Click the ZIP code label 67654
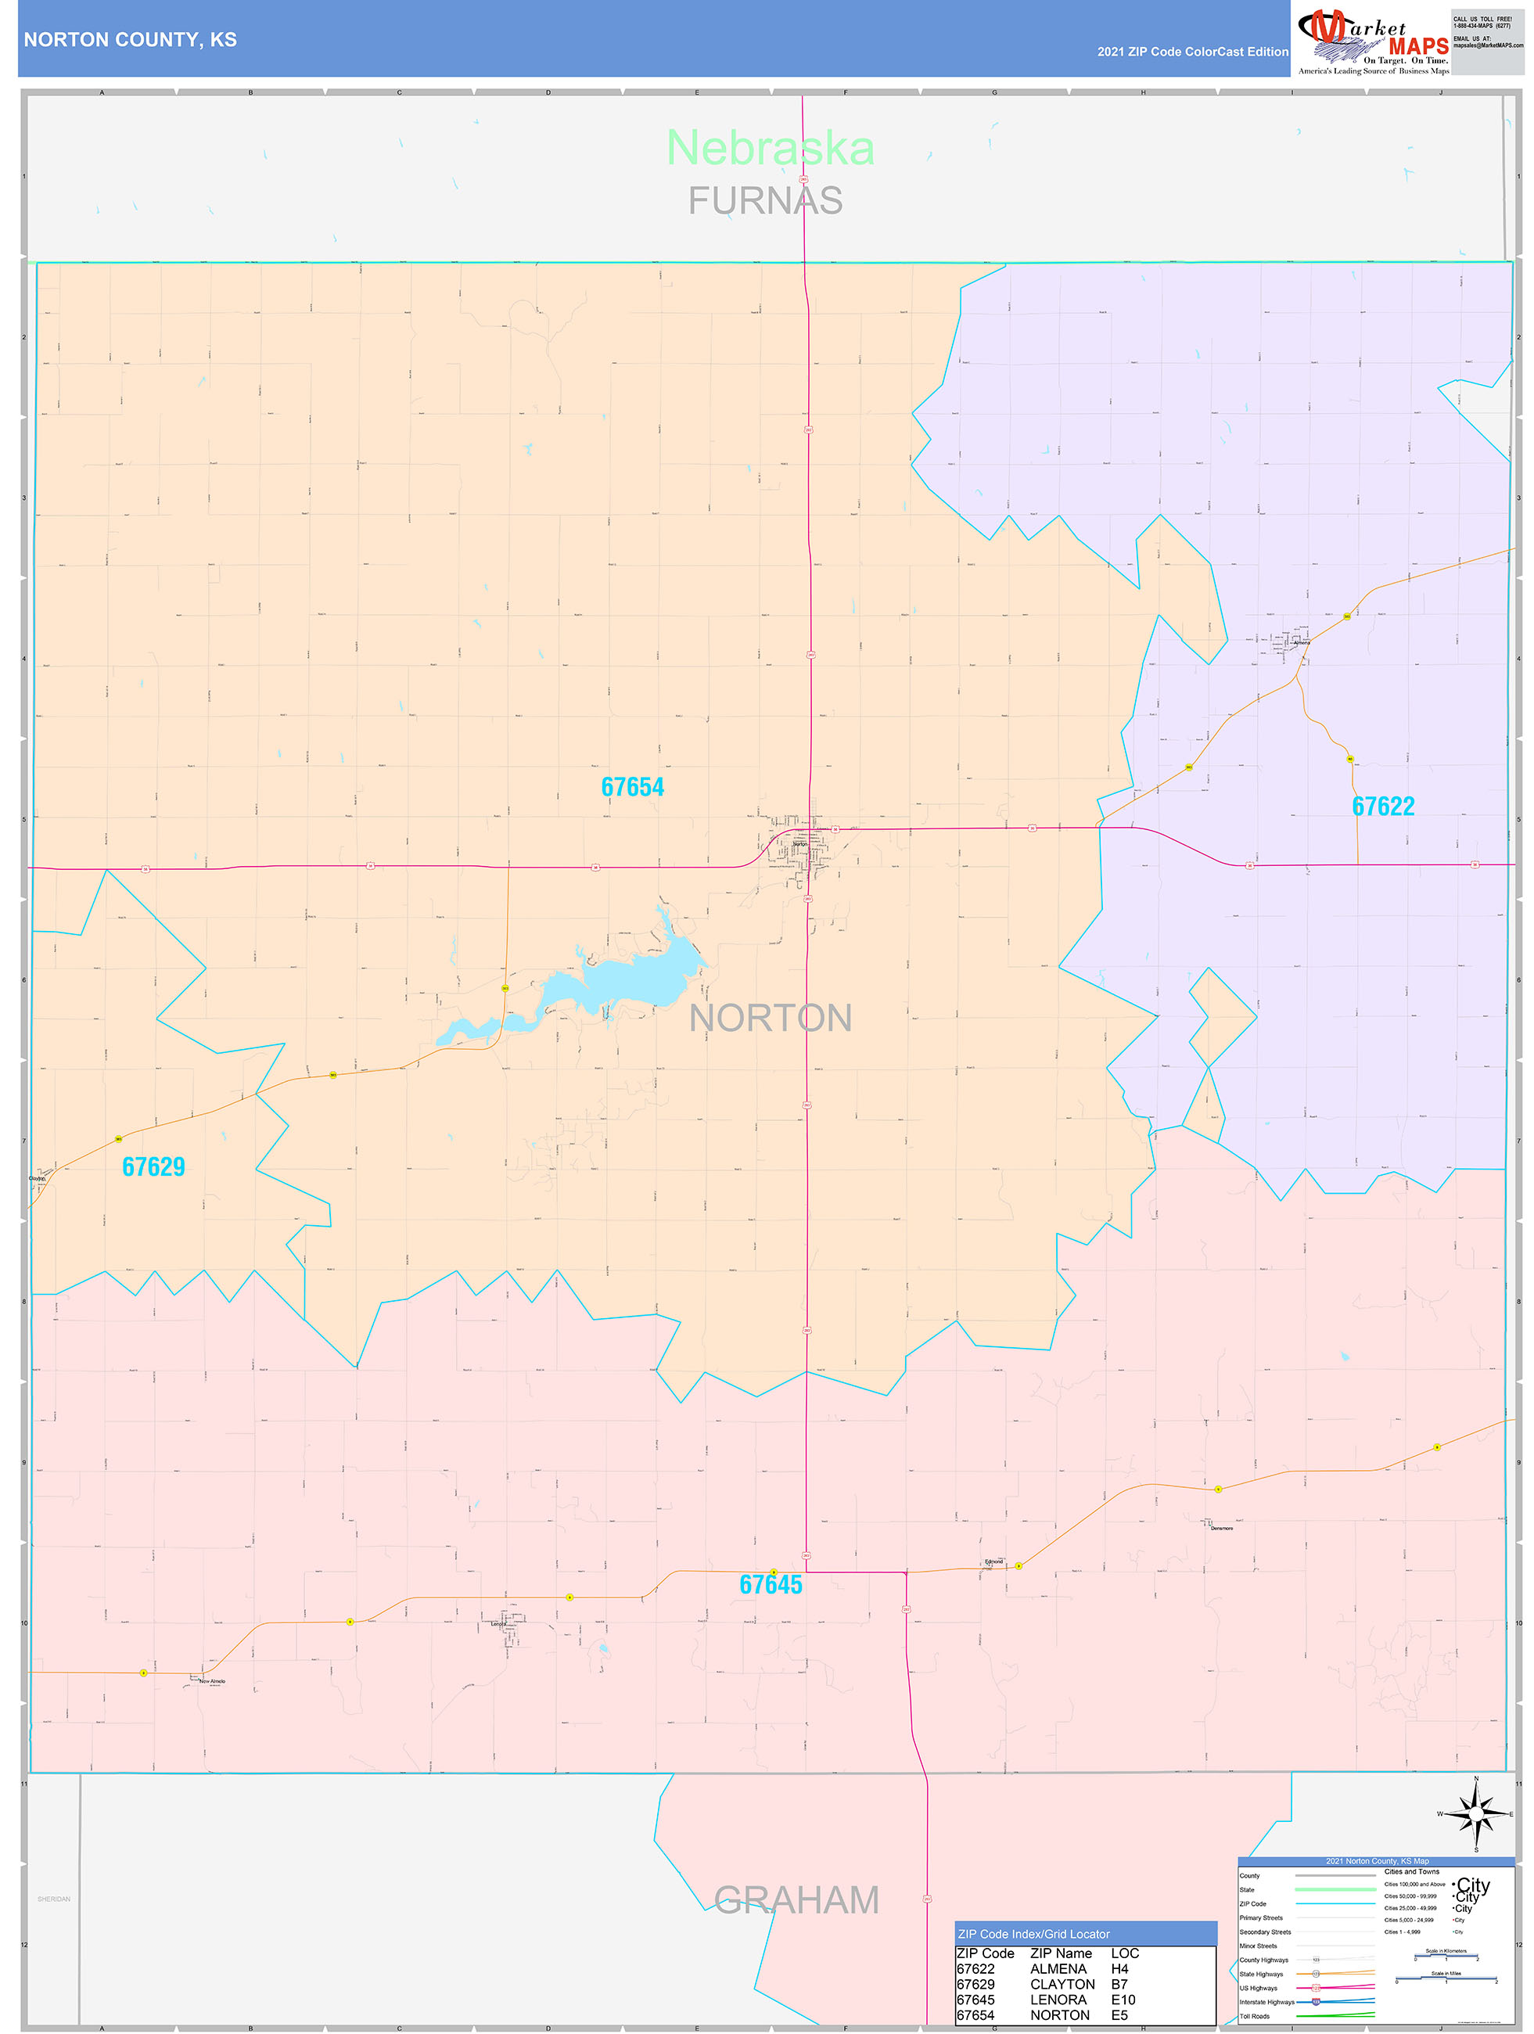(x=632, y=787)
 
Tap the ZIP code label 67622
(x=1382, y=807)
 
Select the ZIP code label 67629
(x=153, y=1167)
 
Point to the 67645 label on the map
(x=771, y=1584)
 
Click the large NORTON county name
(x=771, y=1018)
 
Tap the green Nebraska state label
(x=770, y=148)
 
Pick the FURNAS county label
(x=765, y=200)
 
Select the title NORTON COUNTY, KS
(x=131, y=40)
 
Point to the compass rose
(x=1475, y=1813)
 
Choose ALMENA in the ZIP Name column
(x=1058, y=1969)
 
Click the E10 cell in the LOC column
(x=1123, y=1999)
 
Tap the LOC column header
(x=1125, y=1953)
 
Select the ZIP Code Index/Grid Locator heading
(x=1033, y=1934)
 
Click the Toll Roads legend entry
(x=1255, y=2015)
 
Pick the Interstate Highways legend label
(x=1266, y=2002)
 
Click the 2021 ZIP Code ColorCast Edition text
(x=1192, y=52)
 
